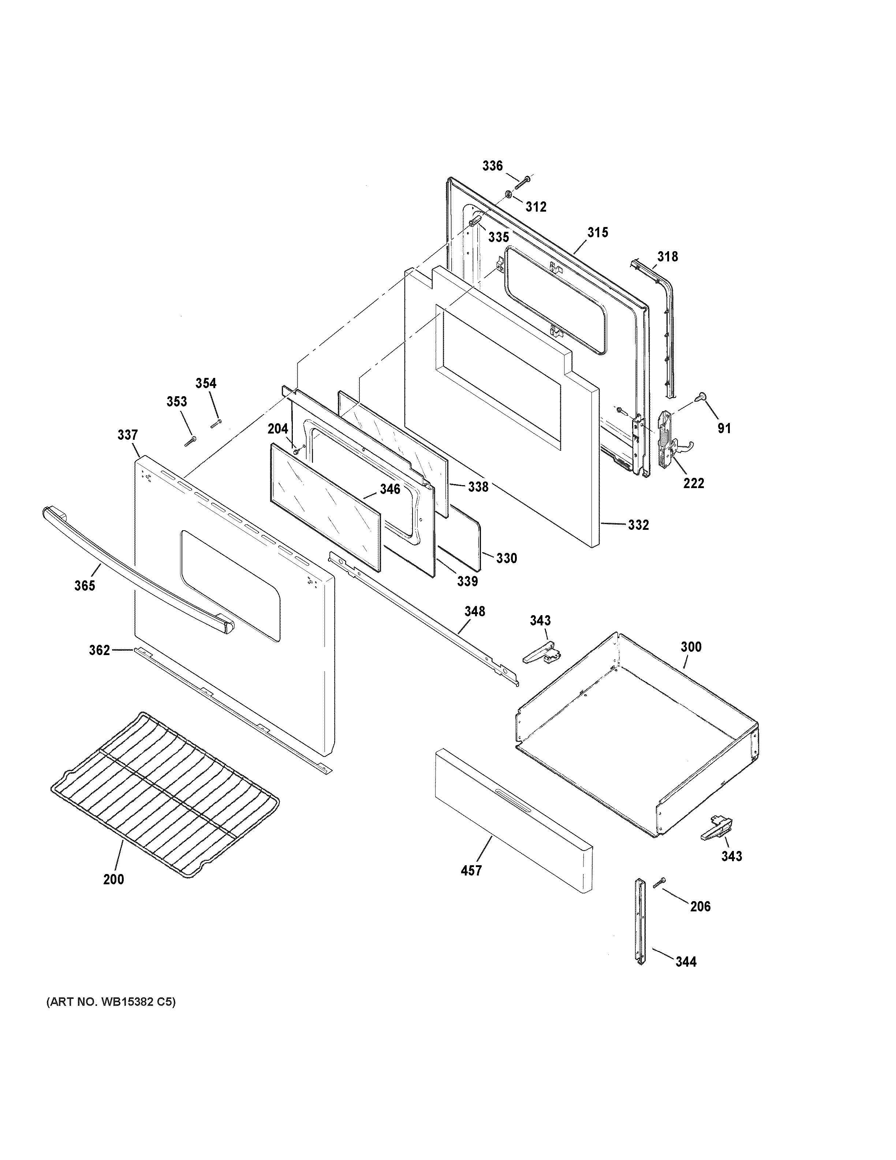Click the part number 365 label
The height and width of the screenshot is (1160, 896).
[85, 585]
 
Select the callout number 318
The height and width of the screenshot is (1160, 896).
[667, 257]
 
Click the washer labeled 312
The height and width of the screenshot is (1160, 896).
[508, 194]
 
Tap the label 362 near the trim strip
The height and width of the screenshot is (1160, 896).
[99, 650]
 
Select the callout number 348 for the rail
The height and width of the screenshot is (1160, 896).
[475, 611]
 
